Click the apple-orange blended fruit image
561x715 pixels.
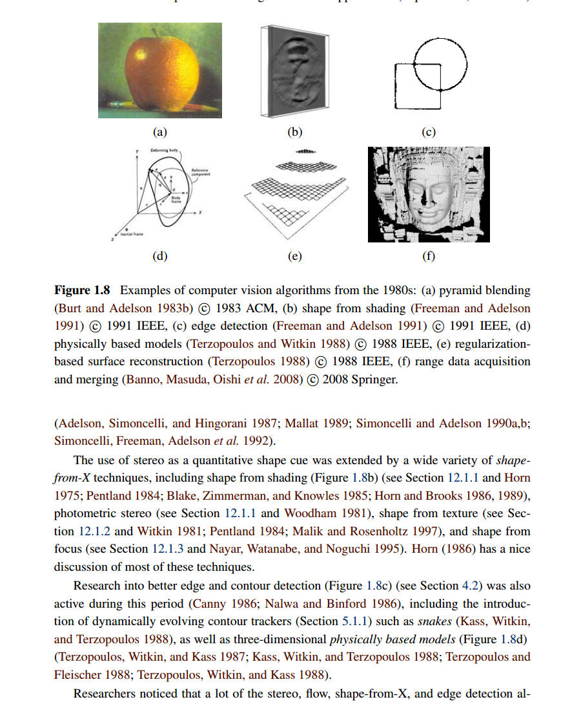coord(159,70)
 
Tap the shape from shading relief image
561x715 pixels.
coord(294,71)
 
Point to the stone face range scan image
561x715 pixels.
coord(429,195)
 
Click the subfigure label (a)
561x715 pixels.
coord(159,133)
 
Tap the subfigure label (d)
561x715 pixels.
coord(159,256)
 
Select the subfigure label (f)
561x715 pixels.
coord(429,256)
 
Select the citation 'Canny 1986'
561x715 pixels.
coord(218,604)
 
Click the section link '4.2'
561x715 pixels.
coord(469,586)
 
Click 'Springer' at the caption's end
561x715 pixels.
coord(374,379)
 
